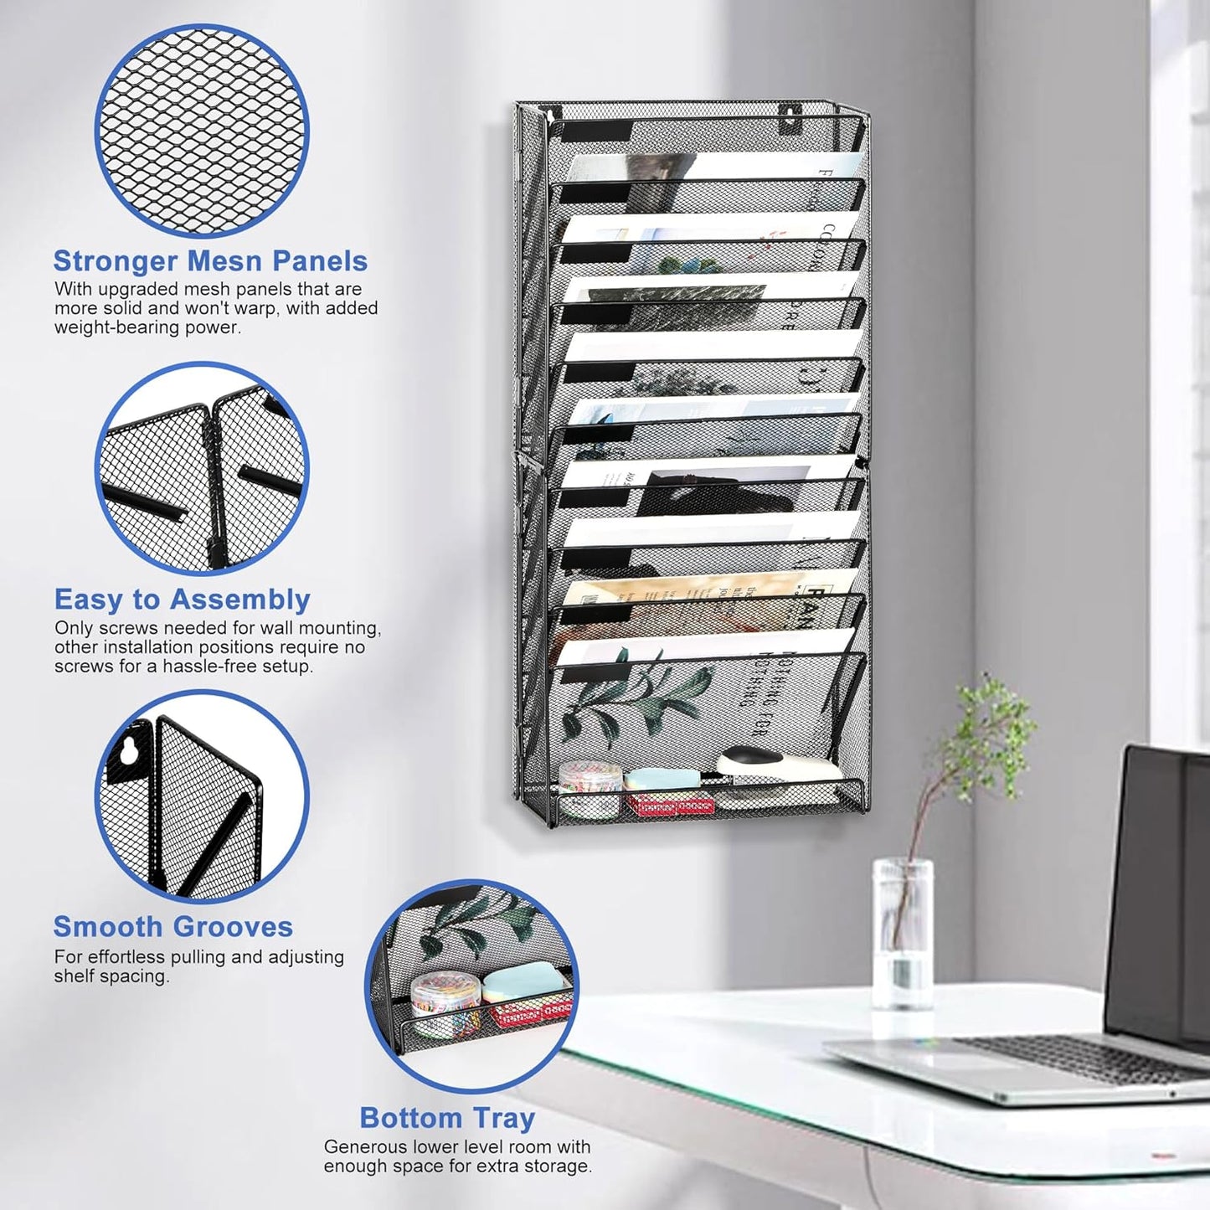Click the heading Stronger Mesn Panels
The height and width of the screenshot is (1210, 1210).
point(210,261)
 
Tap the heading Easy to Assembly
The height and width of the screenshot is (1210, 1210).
point(182,600)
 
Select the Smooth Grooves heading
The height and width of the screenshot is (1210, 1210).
point(172,927)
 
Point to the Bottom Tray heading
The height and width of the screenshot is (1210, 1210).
point(446,1118)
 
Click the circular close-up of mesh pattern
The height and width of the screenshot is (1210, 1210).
point(202,131)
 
